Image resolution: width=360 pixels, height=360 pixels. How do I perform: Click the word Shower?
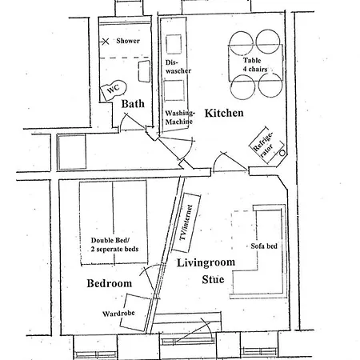click(127, 40)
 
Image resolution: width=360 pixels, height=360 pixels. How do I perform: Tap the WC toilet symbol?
click(111, 90)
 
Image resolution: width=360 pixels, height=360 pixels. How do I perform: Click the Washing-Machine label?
click(180, 118)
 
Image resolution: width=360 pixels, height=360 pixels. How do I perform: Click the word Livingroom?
click(202, 263)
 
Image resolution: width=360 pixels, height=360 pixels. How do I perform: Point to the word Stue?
click(214, 279)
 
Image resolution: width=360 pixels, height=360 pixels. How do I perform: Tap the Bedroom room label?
click(109, 284)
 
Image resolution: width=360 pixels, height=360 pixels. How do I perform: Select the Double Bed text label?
click(114, 243)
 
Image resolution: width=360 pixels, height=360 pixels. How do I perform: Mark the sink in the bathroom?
click(144, 72)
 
